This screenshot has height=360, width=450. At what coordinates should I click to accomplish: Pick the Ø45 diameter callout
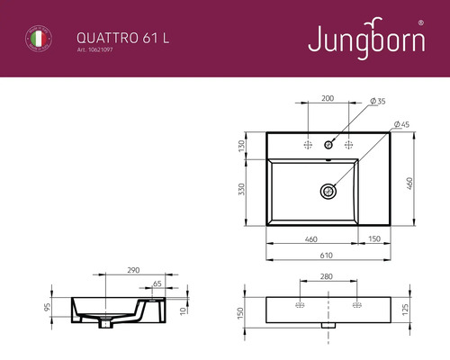coord(400,123)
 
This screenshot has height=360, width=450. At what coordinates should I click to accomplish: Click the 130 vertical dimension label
coord(242,147)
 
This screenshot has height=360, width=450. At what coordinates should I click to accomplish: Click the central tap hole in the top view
coord(329,144)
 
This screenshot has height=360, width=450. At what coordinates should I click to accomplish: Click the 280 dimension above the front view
coord(328,277)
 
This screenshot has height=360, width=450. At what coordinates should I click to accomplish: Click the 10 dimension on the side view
coord(184,310)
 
